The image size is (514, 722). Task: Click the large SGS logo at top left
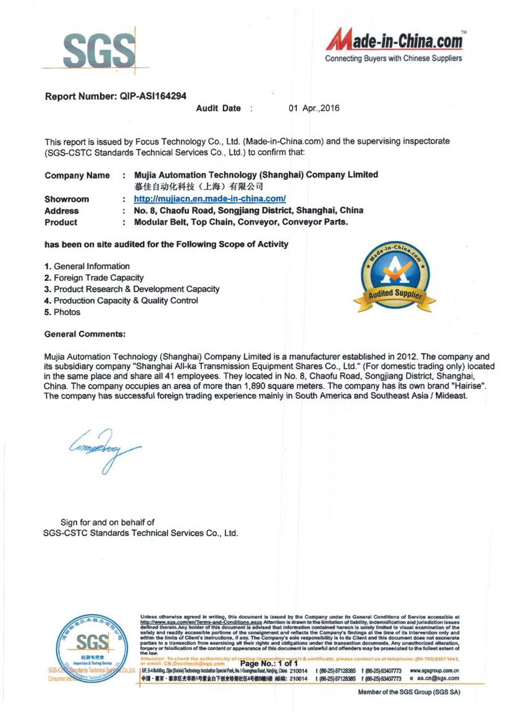[98, 49]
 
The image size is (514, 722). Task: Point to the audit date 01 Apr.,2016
[314, 108]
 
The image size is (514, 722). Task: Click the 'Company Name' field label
[77, 175]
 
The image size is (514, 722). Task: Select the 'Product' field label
[61, 222]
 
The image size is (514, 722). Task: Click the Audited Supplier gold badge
[394, 279]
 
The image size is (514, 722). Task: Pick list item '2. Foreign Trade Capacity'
[94, 278]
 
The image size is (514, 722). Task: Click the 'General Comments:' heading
[85, 334]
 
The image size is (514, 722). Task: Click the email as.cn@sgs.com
[435, 678]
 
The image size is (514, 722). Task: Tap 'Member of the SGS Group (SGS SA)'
[409, 692]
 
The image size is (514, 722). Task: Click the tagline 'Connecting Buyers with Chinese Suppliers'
[394, 59]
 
